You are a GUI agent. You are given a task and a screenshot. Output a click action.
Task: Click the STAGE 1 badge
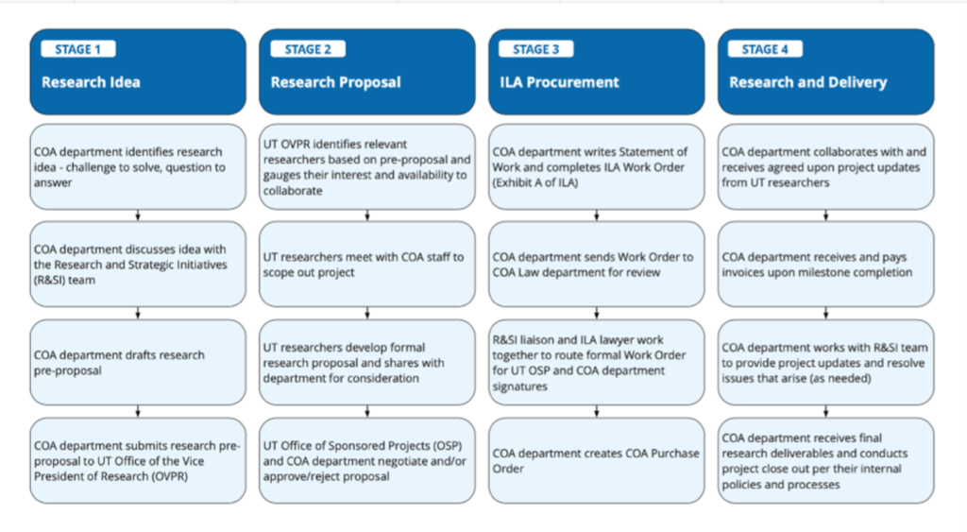[x=78, y=49]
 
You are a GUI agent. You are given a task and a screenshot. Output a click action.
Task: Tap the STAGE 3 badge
[x=536, y=49]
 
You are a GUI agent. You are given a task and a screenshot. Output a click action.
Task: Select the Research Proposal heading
[x=335, y=82]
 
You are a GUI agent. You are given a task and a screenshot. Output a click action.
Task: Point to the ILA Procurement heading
[x=559, y=82]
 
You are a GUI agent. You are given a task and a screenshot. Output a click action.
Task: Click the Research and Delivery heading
[x=808, y=82]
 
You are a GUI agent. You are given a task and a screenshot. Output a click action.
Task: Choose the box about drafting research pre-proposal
[x=138, y=362]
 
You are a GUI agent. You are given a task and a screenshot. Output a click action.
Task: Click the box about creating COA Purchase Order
[x=597, y=460]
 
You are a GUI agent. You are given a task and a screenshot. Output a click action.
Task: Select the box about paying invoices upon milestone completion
[x=825, y=265]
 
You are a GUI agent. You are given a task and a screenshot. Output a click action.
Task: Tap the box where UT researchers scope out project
[x=367, y=265]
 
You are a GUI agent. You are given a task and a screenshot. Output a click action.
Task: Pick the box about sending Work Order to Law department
[x=597, y=265]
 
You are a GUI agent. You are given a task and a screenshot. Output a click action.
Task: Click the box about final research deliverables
[x=825, y=460]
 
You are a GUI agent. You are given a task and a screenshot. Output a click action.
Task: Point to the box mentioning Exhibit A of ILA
[x=597, y=166]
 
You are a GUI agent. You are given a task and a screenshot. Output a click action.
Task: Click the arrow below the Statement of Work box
[x=597, y=215]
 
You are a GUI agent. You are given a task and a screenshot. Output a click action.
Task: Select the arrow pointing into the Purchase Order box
[x=597, y=412]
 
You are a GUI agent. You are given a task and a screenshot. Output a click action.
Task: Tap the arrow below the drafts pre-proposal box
[x=138, y=412]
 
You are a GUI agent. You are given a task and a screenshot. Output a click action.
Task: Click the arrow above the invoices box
[x=825, y=215]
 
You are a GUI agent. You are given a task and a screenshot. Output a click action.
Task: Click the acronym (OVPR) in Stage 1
[x=167, y=476]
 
